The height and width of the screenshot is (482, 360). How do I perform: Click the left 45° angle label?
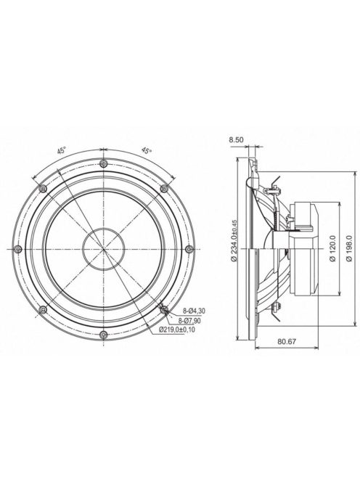tap(63, 150)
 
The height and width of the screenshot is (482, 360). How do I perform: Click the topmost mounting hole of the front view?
tap(103, 162)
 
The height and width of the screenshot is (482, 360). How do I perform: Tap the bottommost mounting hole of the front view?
tap(103, 334)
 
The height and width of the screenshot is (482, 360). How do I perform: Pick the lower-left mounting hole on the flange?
tap(43, 309)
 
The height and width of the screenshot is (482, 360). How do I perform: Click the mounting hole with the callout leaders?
tap(164, 309)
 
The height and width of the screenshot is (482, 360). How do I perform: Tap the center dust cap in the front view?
tap(103, 248)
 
